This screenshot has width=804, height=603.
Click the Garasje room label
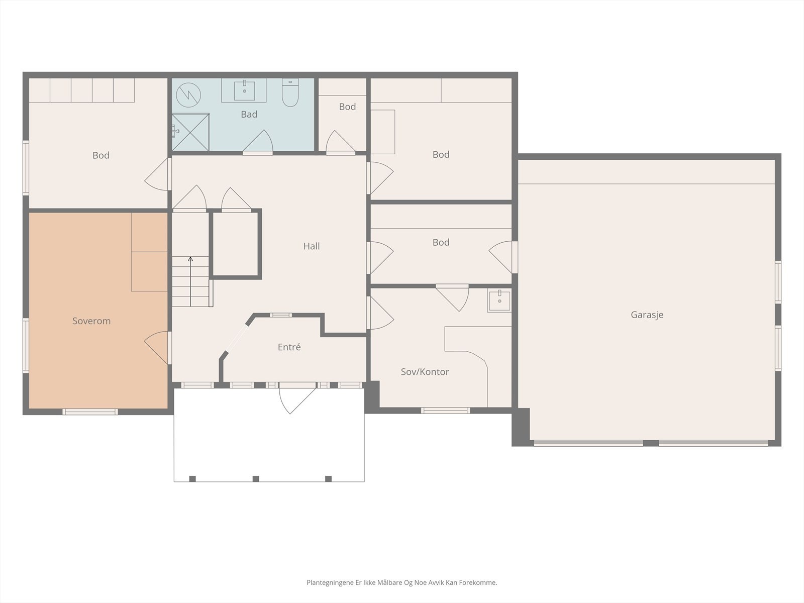647,315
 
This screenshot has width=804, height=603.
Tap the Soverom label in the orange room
91,321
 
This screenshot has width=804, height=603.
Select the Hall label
312,246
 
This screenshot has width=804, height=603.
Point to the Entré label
289,347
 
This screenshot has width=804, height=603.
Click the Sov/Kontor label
425,372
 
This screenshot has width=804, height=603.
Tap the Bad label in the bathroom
249,114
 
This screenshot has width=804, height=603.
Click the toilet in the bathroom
290,92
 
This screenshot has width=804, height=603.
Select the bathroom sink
244,90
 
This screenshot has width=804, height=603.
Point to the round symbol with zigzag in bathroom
188,95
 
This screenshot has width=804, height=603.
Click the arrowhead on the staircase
190,259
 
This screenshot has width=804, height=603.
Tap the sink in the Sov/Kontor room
499,300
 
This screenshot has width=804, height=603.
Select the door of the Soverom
157,348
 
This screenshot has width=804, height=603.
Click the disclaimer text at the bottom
402,582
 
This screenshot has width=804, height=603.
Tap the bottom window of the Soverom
90,412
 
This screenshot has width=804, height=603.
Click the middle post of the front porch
256,478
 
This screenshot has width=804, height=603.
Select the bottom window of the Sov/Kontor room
445,411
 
